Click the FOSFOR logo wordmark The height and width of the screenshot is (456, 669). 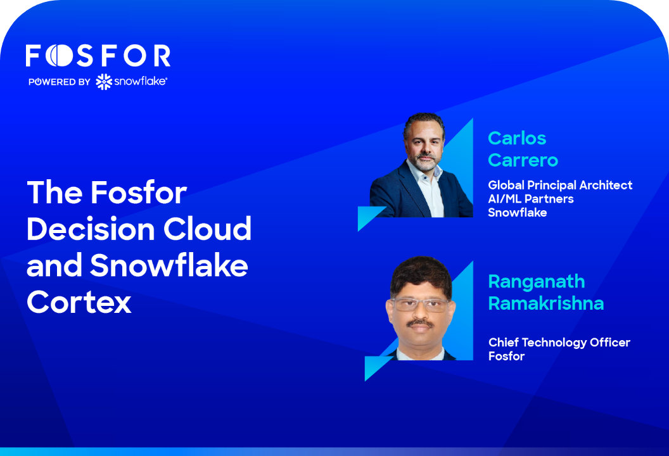(98, 56)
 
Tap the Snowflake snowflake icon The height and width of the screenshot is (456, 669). (104, 82)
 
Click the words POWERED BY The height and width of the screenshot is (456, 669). (60, 82)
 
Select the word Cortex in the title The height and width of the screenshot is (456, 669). (79, 302)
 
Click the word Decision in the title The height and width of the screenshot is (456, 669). (91, 229)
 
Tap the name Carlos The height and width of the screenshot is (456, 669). (517, 138)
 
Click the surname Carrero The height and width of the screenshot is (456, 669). (523, 160)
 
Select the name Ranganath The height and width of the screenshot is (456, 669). (537, 282)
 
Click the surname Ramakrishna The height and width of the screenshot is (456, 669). (546, 304)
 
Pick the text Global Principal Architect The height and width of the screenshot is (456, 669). (560, 185)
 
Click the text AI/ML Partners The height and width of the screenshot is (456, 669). (531, 199)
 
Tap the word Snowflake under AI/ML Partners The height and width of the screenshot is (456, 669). (518, 212)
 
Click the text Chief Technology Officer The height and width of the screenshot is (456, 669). (559, 343)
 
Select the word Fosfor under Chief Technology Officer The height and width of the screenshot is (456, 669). (506, 356)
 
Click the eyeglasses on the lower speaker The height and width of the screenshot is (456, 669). (420, 305)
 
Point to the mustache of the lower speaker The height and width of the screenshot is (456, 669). (420, 324)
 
